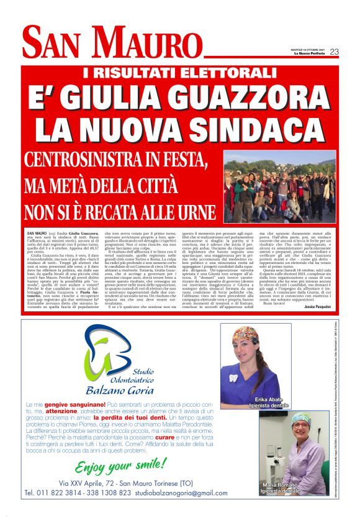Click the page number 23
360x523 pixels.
coord(334,52)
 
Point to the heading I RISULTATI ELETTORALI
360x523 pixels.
coord(179,73)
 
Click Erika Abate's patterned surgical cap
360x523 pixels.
coord(247,335)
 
